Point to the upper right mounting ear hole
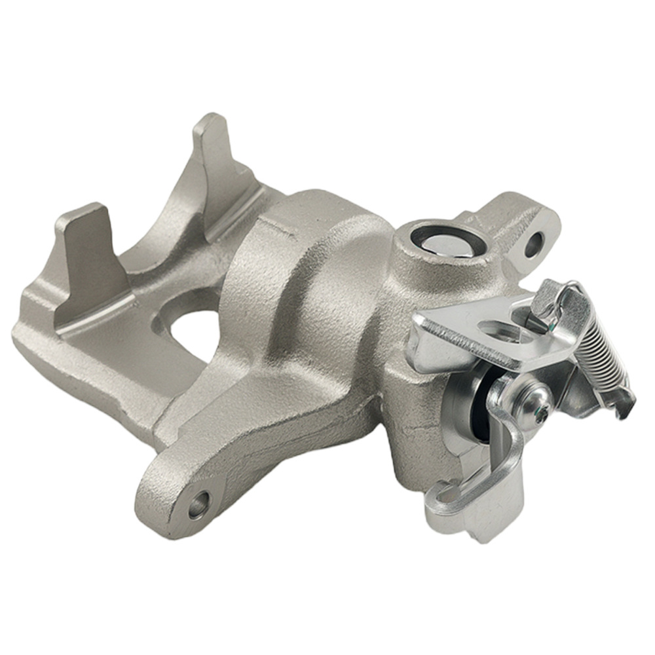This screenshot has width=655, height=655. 534,244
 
